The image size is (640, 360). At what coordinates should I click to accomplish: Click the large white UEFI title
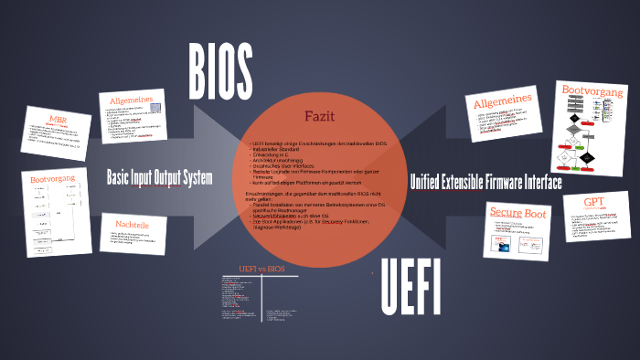(411, 286)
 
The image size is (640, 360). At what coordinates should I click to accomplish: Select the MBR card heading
(58, 119)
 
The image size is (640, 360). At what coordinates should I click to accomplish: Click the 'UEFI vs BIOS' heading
(261, 269)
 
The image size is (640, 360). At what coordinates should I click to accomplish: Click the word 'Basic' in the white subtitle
(120, 176)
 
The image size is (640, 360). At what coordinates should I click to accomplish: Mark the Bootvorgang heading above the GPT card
(592, 92)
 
